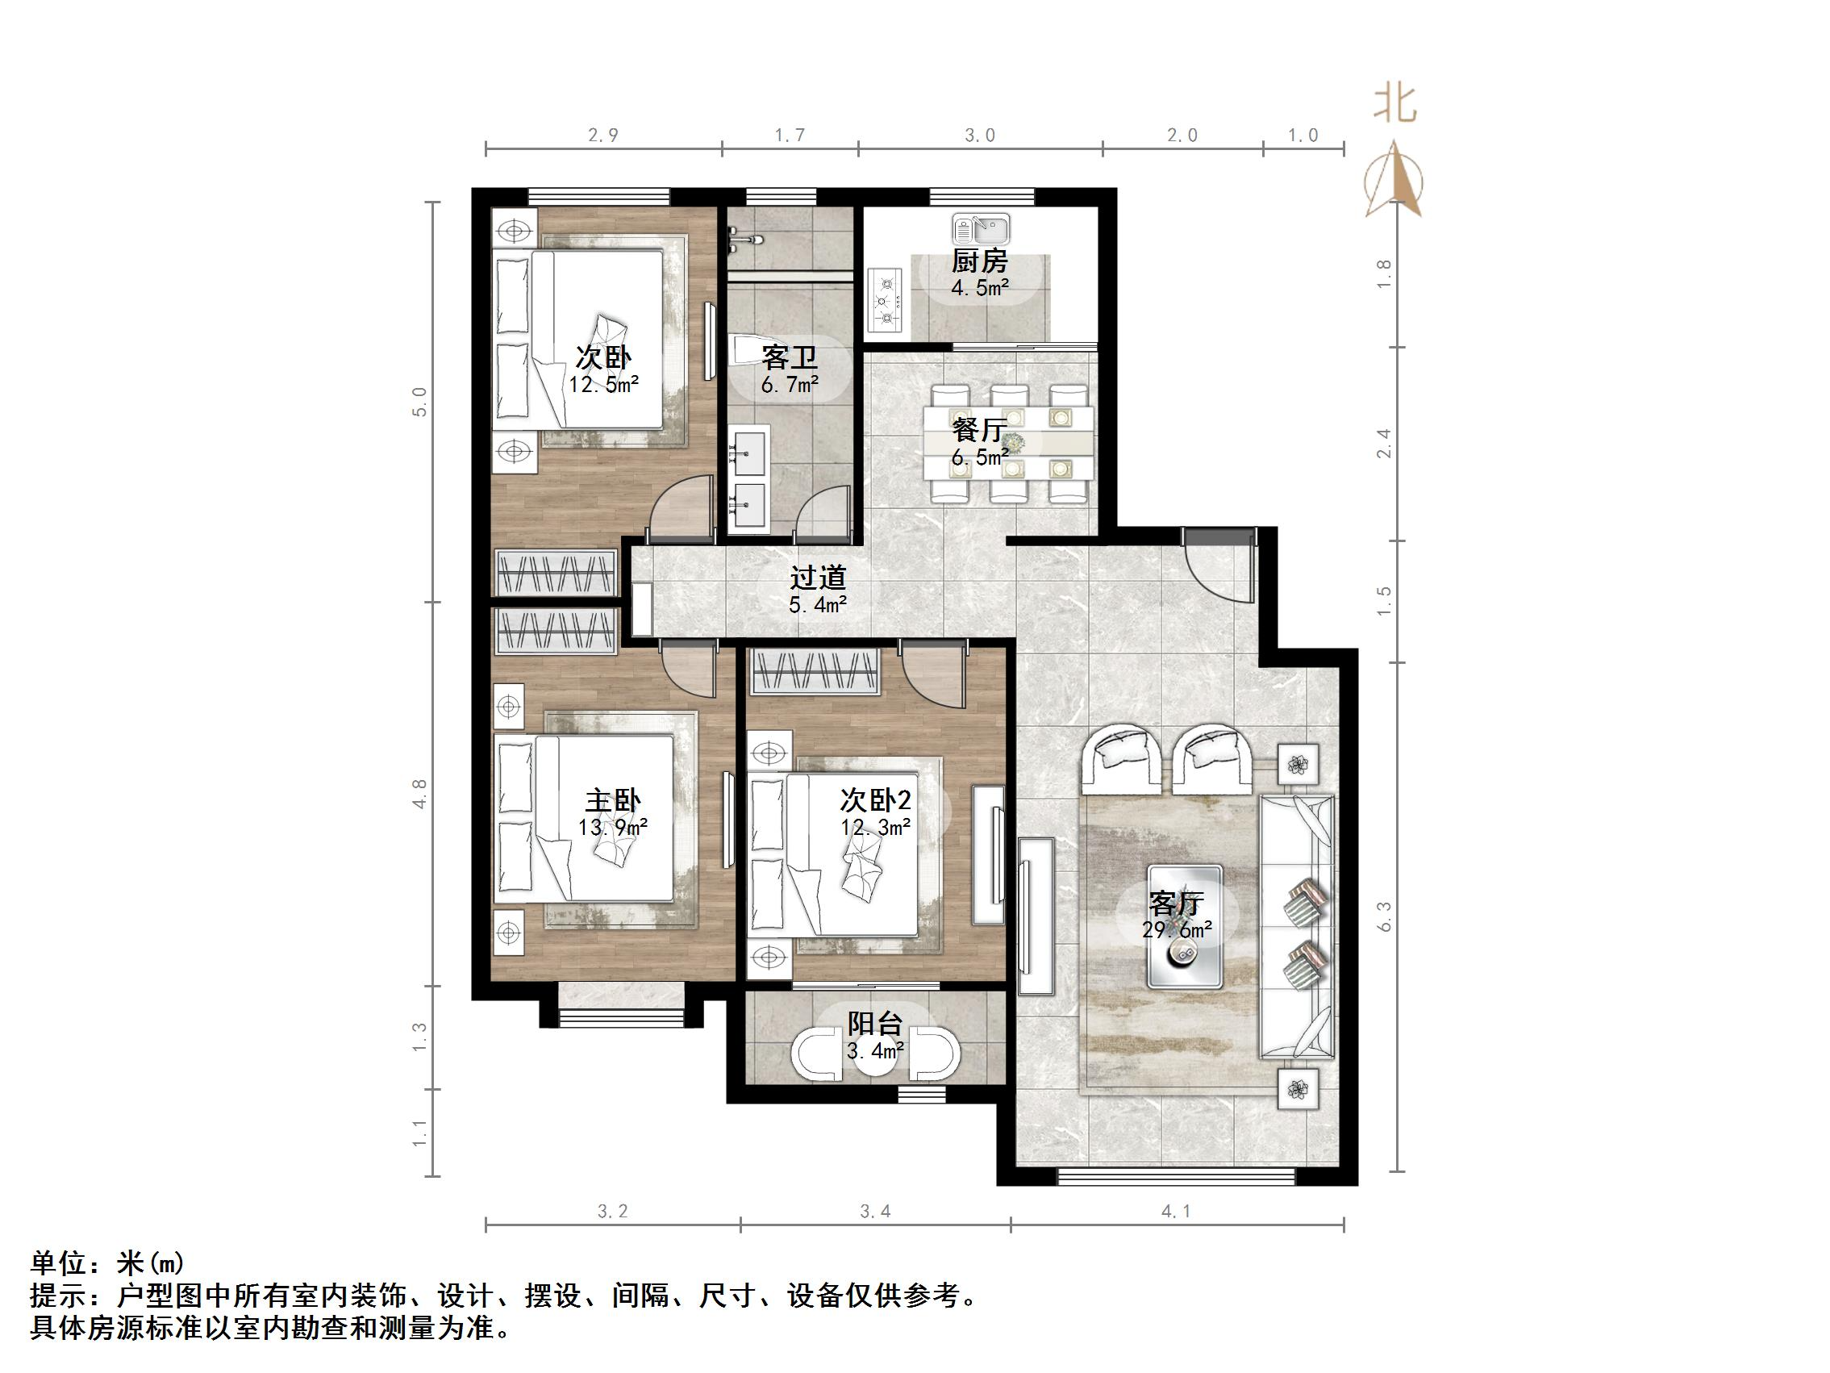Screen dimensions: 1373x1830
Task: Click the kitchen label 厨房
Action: [980, 261]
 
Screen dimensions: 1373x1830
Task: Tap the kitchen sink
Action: [981, 227]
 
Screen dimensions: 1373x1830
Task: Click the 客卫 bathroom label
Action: [790, 357]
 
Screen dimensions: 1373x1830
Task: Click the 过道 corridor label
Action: [817, 577]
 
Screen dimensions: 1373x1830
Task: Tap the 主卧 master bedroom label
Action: [612, 800]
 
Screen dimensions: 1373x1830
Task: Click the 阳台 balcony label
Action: [874, 1024]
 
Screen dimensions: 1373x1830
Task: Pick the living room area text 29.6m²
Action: [1177, 930]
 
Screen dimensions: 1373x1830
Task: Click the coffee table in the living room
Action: [1185, 926]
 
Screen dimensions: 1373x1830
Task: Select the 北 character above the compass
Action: [1394, 106]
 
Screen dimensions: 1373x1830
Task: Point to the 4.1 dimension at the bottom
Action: [1176, 1212]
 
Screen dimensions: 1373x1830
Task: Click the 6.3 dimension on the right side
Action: [1384, 917]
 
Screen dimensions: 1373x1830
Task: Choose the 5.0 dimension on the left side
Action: [419, 403]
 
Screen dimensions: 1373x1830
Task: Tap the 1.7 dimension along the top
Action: [790, 135]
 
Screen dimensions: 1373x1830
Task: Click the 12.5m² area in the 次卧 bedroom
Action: [603, 384]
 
